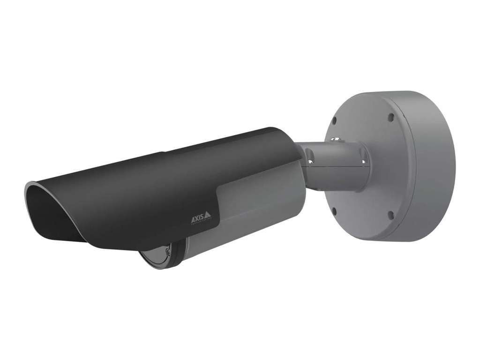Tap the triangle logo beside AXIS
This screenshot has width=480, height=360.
[207, 215]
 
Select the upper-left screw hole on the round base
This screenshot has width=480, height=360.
[334, 120]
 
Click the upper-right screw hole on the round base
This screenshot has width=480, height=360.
[390, 117]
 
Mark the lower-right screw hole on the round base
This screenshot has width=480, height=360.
[390, 215]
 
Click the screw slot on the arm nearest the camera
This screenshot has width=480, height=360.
[310, 162]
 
